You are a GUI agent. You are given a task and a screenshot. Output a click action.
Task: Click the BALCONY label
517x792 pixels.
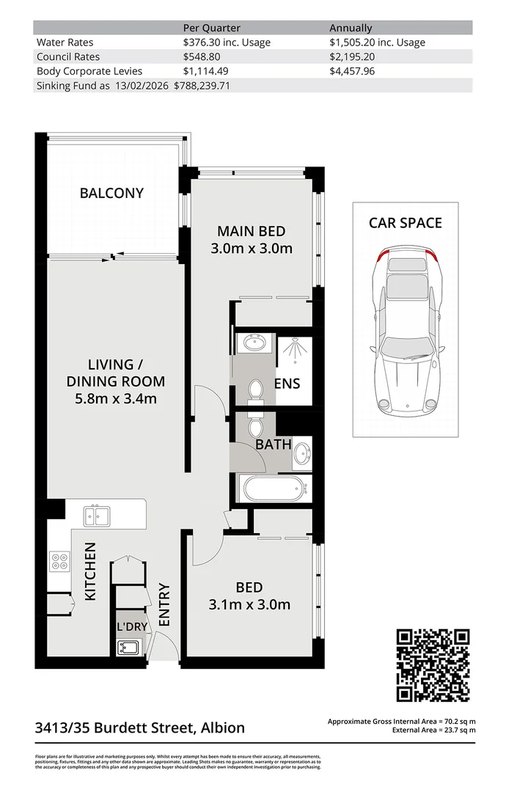coord(111,194)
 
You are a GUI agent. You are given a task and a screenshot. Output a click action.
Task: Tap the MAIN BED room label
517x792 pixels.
coord(251,240)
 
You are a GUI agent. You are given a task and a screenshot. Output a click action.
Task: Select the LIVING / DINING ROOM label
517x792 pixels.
coord(115,381)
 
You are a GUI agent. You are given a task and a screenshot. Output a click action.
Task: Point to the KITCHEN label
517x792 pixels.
coord(90,571)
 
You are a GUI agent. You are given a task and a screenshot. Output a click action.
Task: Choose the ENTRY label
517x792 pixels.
coord(164,604)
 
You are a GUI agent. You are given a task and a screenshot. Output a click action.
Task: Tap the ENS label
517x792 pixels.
coord(287,384)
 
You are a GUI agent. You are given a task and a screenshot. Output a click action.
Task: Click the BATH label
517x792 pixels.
coord(273,444)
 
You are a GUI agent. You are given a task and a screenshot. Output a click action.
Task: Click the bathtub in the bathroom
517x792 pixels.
coord(271,487)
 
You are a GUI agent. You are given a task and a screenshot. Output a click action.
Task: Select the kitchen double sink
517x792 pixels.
coord(97,516)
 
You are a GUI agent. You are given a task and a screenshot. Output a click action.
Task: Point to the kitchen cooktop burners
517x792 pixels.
coord(59,562)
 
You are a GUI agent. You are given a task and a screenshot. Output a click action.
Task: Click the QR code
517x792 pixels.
coord(433,665)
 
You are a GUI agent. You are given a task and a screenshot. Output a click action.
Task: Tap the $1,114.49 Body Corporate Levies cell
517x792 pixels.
coord(210,71)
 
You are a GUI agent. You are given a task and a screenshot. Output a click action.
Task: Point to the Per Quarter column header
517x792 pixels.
coord(211,28)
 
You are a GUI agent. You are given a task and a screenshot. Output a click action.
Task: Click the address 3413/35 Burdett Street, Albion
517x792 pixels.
coord(140,728)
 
